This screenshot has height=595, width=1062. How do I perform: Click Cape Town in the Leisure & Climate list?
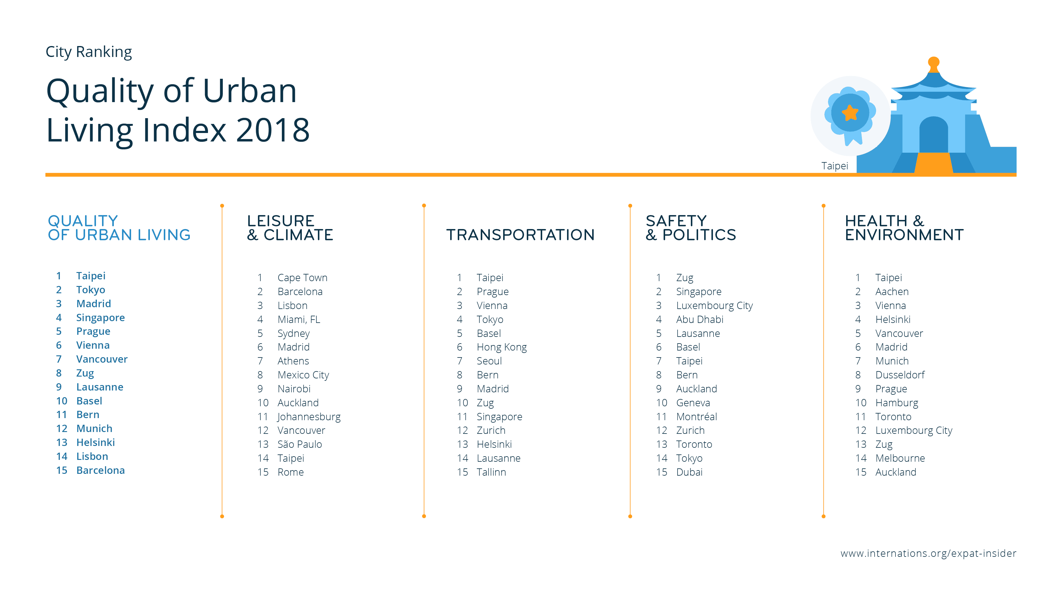pyautogui.click(x=302, y=278)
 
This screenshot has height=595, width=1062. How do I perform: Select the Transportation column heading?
pyautogui.click(x=520, y=235)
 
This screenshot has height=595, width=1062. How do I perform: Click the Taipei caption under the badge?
pyautogui.click(x=834, y=166)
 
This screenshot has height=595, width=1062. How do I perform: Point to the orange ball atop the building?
pyautogui.click(x=933, y=63)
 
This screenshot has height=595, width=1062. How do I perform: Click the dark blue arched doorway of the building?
pyautogui.click(x=933, y=134)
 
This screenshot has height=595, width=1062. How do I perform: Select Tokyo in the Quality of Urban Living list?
pyautogui.click(x=91, y=290)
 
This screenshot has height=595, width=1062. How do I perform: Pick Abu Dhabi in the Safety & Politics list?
pyautogui.click(x=700, y=319)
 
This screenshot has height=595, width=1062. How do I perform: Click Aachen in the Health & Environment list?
pyautogui.click(x=892, y=292)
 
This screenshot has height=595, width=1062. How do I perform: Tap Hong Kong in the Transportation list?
pyautogui.click(x=501, y=347)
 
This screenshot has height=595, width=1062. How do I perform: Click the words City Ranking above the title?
pyautogui.click(x=89, y=52)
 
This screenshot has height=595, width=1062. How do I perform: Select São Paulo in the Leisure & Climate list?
pyautogui.click(x=300, y=444)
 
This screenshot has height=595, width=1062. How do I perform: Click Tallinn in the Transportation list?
pyautogui.click(x=491, y=472)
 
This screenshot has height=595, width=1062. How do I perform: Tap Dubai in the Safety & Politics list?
pyautogui.click(x=689, y=472)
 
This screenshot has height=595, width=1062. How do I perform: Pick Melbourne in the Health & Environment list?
pyautogui.click(x=900, y=458)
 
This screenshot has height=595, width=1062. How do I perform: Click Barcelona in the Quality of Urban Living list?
pyautogui.click(x=100, y=470)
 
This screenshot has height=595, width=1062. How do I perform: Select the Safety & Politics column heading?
pyautogui.click(x=691, y=228)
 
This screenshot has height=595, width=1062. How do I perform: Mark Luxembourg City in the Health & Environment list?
pyautogui.click(x=914, y=430)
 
